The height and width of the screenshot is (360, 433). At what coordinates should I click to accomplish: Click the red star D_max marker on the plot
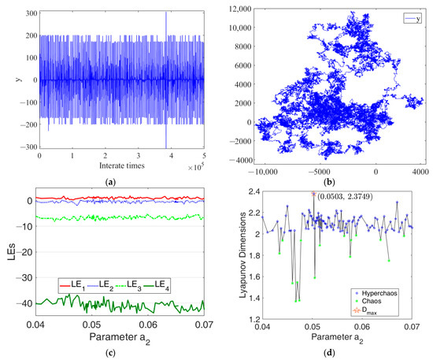[x=313, y=194]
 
